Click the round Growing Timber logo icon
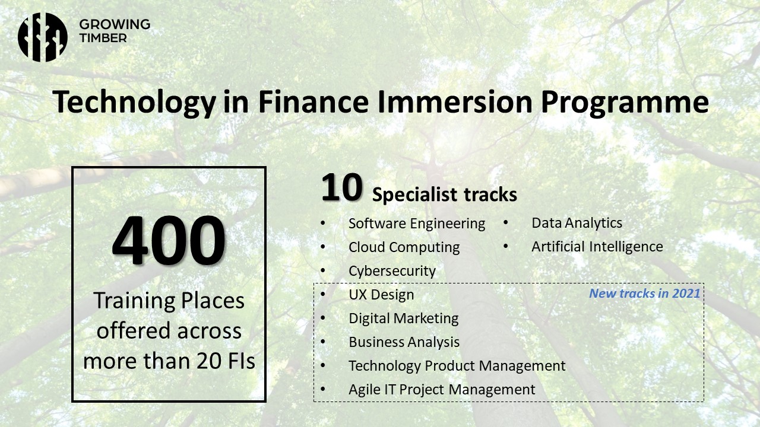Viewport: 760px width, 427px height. click(x=42, y=37)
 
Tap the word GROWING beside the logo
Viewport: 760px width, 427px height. click(x=115, y=24)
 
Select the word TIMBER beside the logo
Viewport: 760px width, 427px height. click(x=103, y=38)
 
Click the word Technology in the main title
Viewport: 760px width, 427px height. click(x=134, y=102)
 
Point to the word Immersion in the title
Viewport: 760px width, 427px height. click(x=455, y=101)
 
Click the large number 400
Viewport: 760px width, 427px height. click(x=169, y=240)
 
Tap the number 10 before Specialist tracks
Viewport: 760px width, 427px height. click(x=341, y=187)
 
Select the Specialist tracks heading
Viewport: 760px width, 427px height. click(x=445, y=195)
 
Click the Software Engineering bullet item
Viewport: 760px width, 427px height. click(x=417, y=224)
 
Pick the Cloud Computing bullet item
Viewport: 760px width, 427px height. click(x=404, y=247)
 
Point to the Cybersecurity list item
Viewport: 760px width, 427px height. click(x=392, y=271)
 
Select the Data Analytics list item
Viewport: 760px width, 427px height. click(x=577, y=223)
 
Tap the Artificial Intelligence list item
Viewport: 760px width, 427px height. click(x=597, y=247)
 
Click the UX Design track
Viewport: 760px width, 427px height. click(x=381, y=295)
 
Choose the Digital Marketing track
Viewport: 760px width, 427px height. click(x=404, y=318)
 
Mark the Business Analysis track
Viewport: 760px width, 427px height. click(x=404, y=342)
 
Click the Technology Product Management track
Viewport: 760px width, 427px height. click(x=457, y=366)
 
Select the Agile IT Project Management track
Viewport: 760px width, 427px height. click(x=442, y=390)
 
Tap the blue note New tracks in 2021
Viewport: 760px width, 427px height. click(x=645, y=293)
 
